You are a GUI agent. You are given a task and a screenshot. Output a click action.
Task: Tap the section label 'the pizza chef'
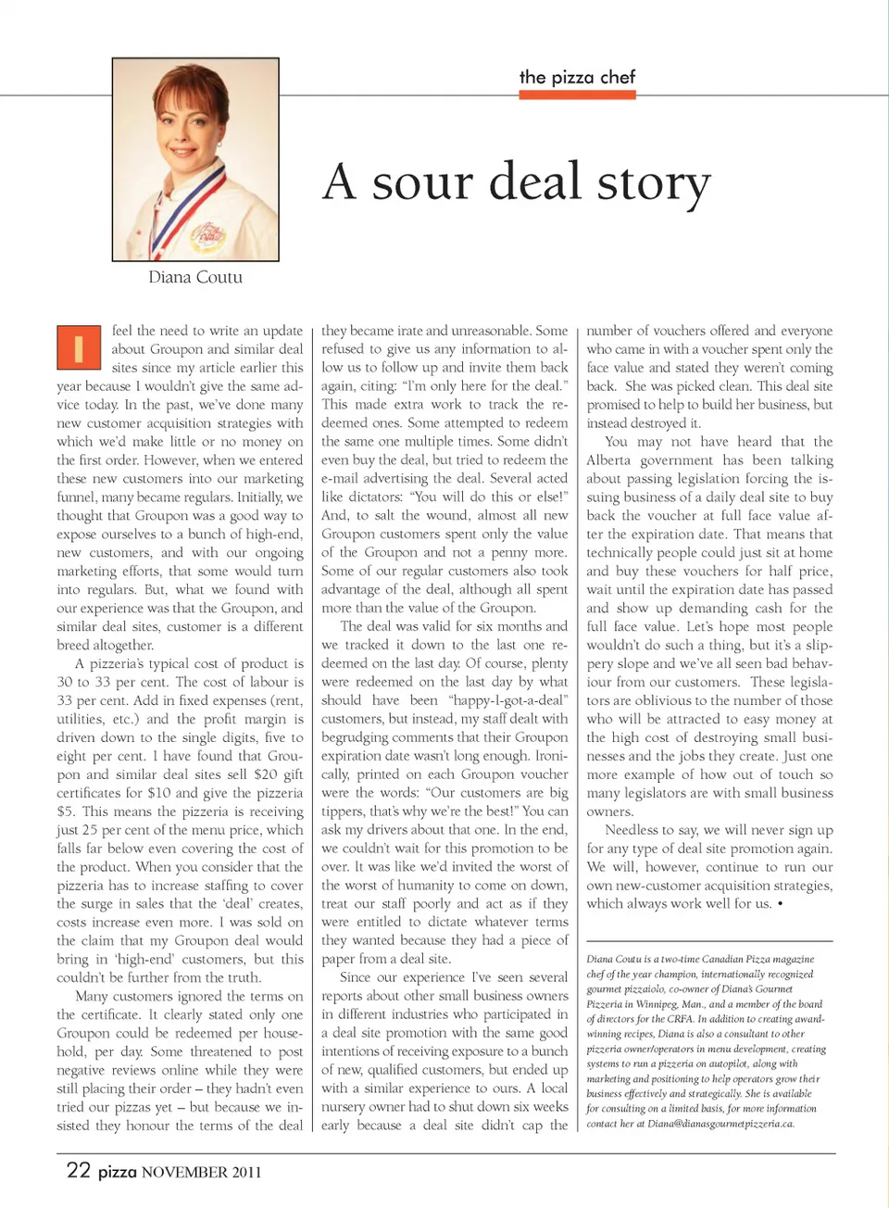click(577, 77)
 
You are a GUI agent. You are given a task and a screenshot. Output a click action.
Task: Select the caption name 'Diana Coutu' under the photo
click(195, 277)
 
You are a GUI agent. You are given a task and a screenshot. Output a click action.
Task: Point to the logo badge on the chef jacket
click(208, 236)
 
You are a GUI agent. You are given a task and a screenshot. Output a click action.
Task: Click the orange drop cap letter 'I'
click(78, 347)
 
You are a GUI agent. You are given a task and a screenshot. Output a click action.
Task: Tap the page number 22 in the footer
click(78, 1170)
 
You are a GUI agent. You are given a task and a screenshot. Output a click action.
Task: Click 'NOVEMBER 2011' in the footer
click(201, 1172)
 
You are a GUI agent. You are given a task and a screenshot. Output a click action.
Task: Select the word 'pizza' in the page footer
click(117, 1172)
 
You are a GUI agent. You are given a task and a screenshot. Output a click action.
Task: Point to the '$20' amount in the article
click(265, 774)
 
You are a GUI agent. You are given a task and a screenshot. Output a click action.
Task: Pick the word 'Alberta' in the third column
click(607, 460)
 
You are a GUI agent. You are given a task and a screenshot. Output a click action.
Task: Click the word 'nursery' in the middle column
click(346, 1107)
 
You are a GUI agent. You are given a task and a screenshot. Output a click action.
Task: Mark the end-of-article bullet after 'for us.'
click(780, 904)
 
